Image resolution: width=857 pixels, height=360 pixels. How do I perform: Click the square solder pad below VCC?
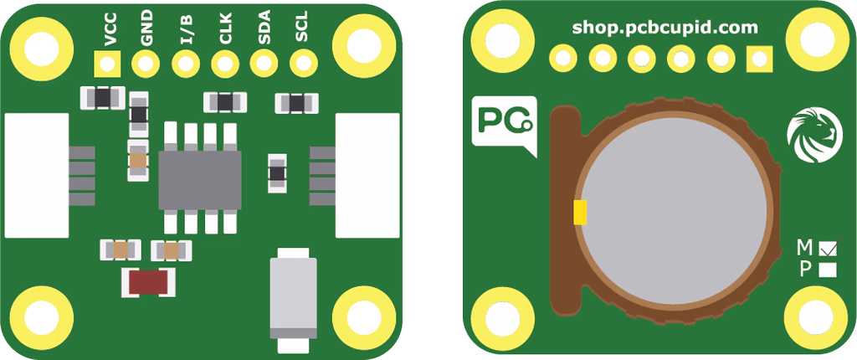point(108,64)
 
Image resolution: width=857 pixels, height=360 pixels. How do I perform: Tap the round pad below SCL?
point(303,64)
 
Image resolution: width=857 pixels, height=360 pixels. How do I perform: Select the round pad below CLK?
point(225,64)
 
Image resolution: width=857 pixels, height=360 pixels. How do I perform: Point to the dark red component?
point(148,282)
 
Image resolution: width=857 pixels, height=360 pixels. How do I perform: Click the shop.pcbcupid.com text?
point(665,28)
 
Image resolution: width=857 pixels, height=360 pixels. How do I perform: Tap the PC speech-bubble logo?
point(504,126)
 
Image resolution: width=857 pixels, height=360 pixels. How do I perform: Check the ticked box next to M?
point(828,247)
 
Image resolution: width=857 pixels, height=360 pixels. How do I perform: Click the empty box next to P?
point(828,270)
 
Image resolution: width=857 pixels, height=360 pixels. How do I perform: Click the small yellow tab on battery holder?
point(581,213)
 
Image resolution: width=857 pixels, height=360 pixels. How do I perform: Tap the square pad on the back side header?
point(760,58)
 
